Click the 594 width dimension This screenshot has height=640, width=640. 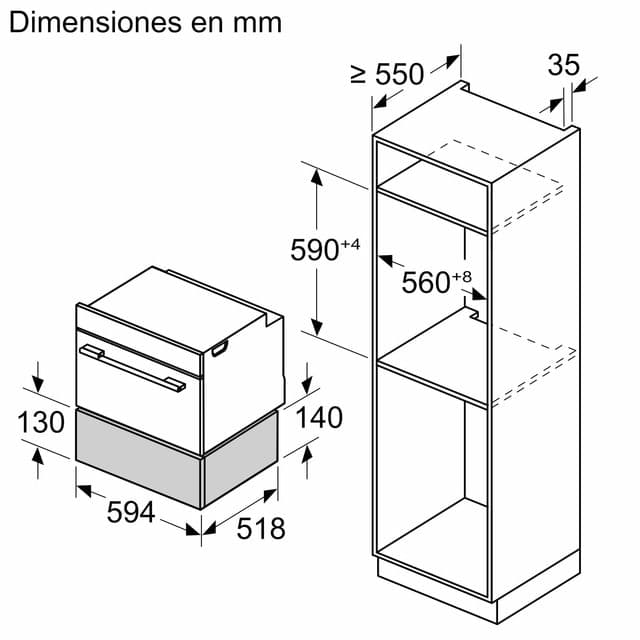131,512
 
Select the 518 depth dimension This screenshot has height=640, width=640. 261,529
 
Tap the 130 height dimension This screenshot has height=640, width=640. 41,422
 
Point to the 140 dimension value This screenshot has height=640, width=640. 319,418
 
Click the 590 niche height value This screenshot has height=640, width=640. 314,250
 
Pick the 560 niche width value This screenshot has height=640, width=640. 426,282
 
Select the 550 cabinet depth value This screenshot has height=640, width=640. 400,74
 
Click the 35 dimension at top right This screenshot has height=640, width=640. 563,64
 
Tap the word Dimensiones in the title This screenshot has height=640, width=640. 96,22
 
